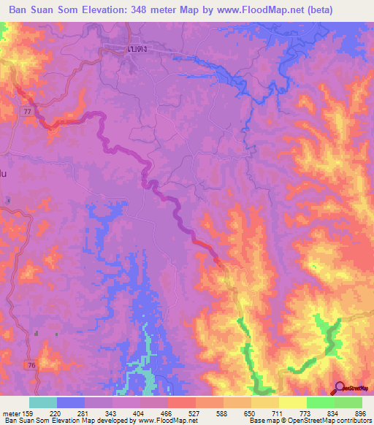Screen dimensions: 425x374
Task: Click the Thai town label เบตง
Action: pos(134,49)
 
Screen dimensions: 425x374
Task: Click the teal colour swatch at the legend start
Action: pos(43,402)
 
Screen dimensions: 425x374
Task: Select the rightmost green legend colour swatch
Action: pos(348,402)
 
